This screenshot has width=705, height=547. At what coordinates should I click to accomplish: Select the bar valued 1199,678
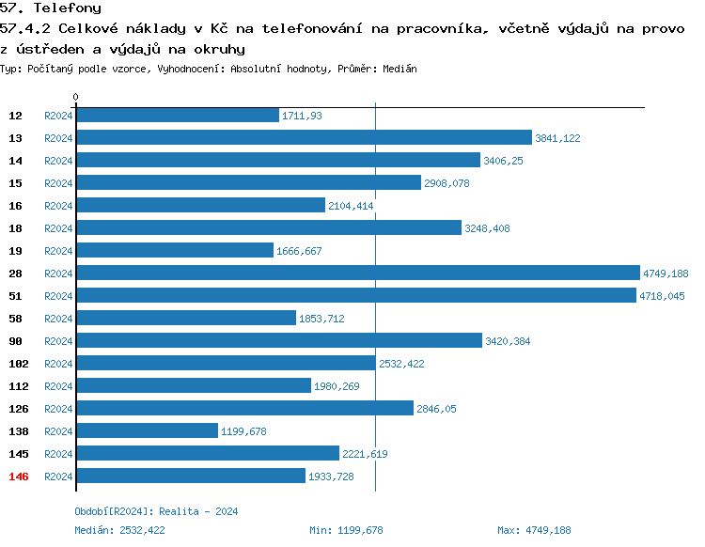click(x=147, y=431)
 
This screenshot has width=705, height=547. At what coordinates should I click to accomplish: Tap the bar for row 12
click(x=178, y=116)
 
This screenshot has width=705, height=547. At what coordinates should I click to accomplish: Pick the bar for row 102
click(x=226, y=364)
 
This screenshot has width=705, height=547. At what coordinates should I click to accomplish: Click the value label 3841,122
click(x=557, y=138)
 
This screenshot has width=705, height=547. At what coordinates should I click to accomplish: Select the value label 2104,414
click(x=351, y=206)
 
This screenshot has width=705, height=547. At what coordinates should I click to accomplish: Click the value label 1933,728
click(x=331, y=477)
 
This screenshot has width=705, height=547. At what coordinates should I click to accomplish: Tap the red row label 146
click(x=19, y=477)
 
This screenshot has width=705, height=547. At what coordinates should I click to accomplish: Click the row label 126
click(x=19, y=409)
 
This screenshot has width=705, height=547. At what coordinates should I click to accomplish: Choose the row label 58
click(x=16, y=319)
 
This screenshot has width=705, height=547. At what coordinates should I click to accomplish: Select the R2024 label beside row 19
click(x=58, y=251)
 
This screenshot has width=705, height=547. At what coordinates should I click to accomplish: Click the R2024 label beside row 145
click(x=58, y=454)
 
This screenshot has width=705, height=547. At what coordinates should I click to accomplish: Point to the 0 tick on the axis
click(x=76, y=97)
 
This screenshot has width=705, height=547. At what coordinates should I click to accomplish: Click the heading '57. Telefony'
click(x=51, y=8)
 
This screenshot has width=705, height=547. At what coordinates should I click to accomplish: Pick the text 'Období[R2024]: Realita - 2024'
click(x=156, y=511)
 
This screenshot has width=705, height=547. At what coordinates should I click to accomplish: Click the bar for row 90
click(x=278, y=341)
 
